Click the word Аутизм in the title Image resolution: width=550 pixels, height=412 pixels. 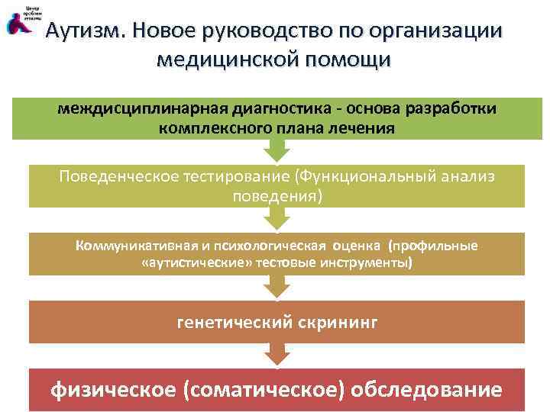(x=84, y=31)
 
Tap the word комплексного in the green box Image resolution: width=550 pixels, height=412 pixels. (x=219, y=127)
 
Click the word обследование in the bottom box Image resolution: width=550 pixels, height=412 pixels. (x=436, y=389)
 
